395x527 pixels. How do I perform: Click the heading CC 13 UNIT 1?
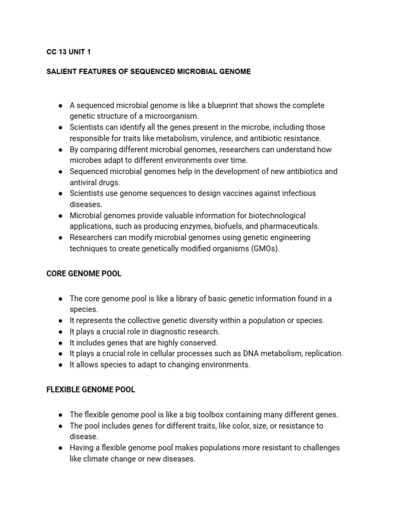pos(68,52)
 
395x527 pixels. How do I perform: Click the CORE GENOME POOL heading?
pos(84,274)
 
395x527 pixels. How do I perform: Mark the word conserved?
pos(201,343)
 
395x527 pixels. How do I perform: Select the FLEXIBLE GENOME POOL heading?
pos(91,390)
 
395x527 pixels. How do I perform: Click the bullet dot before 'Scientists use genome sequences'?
pos(61,194)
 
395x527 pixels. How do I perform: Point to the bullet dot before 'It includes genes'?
pos(61,343)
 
